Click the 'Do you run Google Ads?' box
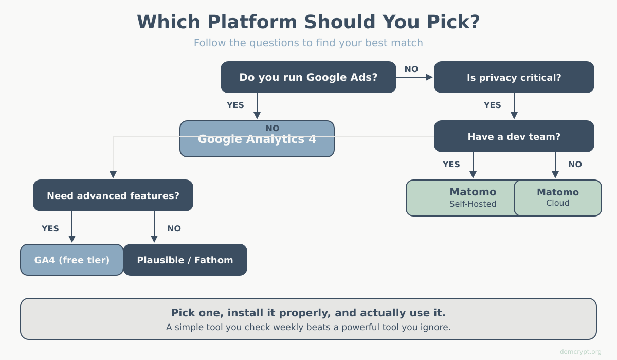(308, 77)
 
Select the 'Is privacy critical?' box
(514, 77)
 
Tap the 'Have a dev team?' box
(514, 136)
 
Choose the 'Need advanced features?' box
(113, 195)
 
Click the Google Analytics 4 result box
(257, 139)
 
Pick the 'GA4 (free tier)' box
(72, 260)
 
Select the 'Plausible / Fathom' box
(185, 260)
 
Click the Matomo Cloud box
(558, 198)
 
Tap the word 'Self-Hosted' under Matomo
(473, 204)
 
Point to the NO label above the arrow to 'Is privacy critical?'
(411, 69)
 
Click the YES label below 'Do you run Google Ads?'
(235, 105)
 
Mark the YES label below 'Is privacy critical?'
(492, 105)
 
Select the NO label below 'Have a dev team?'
(575, 165)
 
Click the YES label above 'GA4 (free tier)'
(50, 229)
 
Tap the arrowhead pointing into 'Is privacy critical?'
(429, 77)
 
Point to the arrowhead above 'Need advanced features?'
(113, 175)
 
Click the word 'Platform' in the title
(252, 22)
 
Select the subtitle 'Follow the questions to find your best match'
(308, 43)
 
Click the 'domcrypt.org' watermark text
(580, 352)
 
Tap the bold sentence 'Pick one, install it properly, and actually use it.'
(308, 313)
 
